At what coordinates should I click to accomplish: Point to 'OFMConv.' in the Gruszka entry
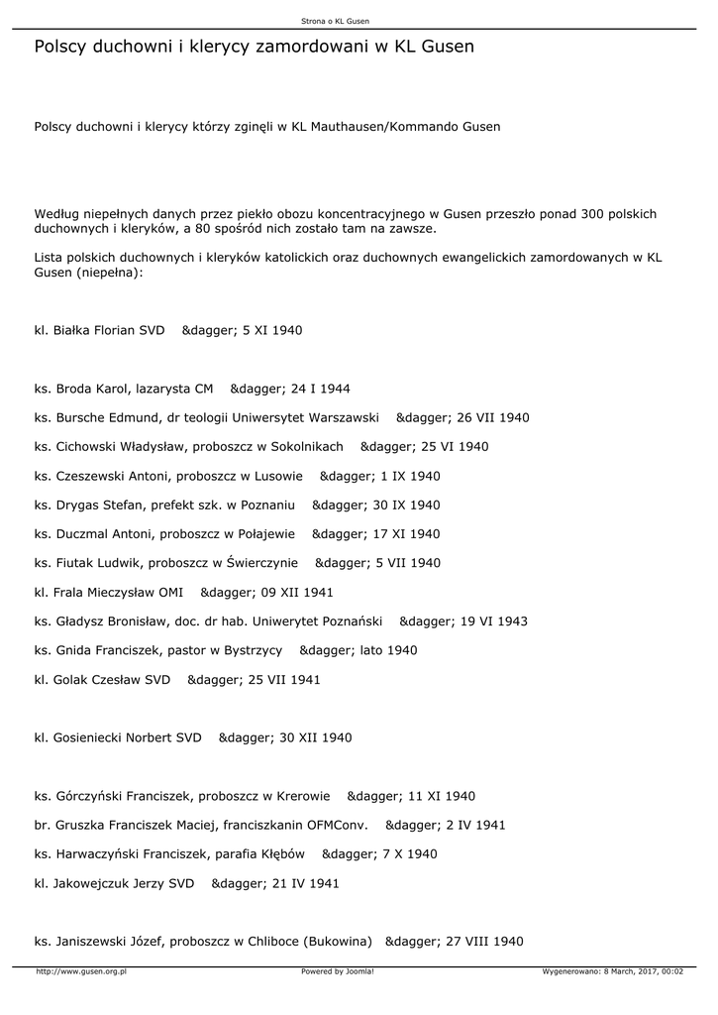point(338,825)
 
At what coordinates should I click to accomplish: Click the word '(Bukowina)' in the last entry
point(338,942)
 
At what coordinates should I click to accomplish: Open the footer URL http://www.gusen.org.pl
point(80,971)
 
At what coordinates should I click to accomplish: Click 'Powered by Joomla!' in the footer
point(337,971)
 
